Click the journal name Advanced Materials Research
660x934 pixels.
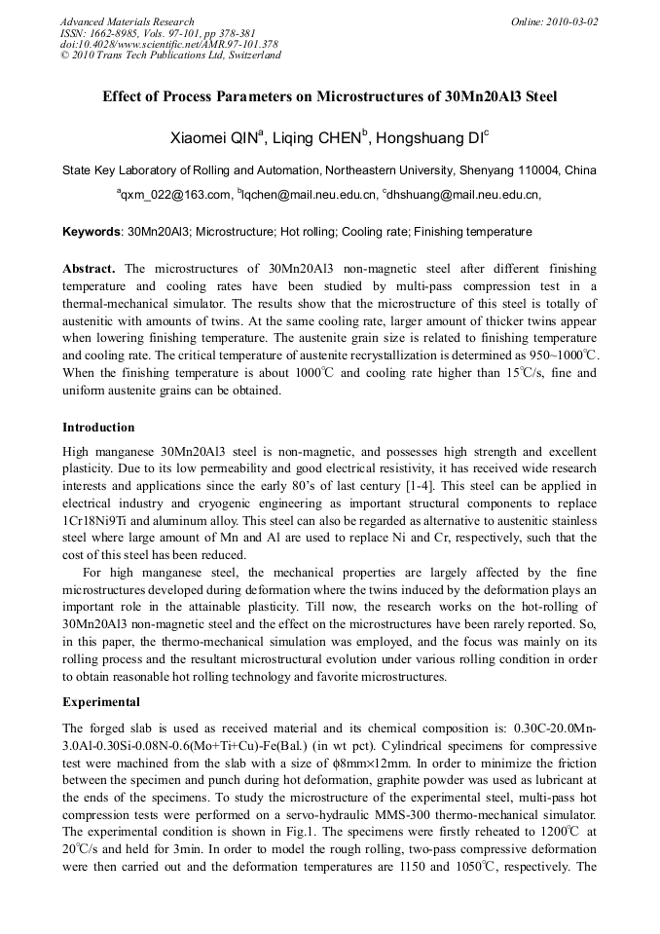[x=127, y=21]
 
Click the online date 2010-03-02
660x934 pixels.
[x=573, y=21]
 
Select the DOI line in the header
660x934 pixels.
[x=168, y=44]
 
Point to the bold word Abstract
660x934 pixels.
[x=89, y=268]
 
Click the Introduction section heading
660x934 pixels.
[x=98, y=428]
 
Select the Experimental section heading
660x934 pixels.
[x=101, y=702]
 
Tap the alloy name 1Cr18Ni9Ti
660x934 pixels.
[x=93, y=504]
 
